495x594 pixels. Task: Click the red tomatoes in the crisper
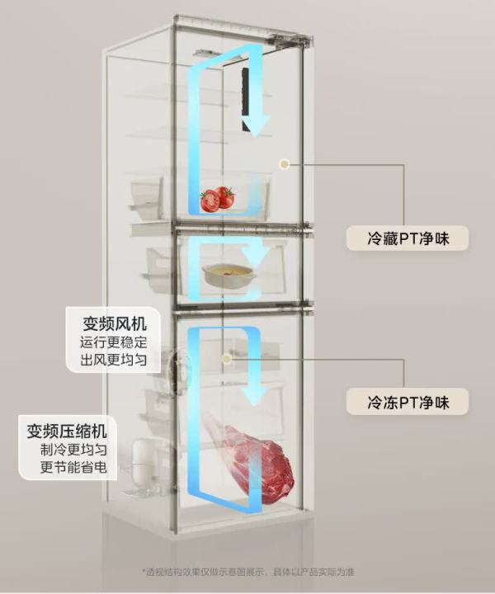(217, 200)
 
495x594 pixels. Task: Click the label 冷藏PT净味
(408, 238)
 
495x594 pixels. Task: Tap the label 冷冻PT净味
(408, 403)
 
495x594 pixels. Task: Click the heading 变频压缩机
(67, 431)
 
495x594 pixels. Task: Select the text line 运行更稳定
(114, 342)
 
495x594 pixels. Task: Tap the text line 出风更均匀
(114, 360)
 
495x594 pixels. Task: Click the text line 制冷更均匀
(74, 450)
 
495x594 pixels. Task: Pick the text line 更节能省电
(74, 468)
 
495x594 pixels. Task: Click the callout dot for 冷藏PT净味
(284, 164)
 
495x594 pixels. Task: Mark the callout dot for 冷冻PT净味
(227, 358)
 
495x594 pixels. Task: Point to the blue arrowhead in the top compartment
(256, 125)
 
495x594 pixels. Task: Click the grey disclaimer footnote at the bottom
(248, 572)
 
